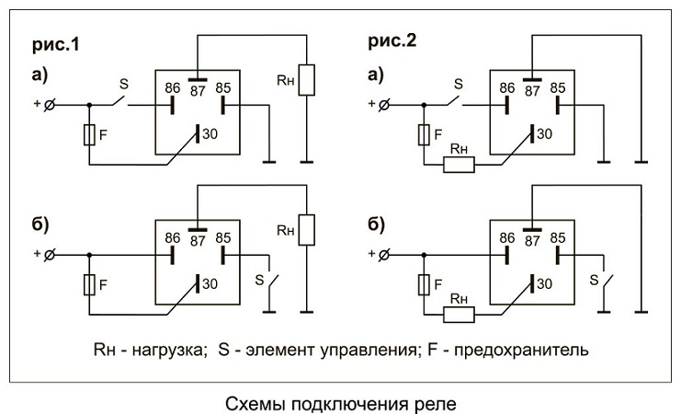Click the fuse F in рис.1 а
tap(88, 135)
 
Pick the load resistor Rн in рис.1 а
tap(309, 79)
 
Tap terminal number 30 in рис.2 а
tap(544, 134)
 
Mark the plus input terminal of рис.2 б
tap(382, 254)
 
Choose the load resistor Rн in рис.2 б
tap(459, 315)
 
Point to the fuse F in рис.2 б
tap(424, 284)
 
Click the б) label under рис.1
tap(42, 224)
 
